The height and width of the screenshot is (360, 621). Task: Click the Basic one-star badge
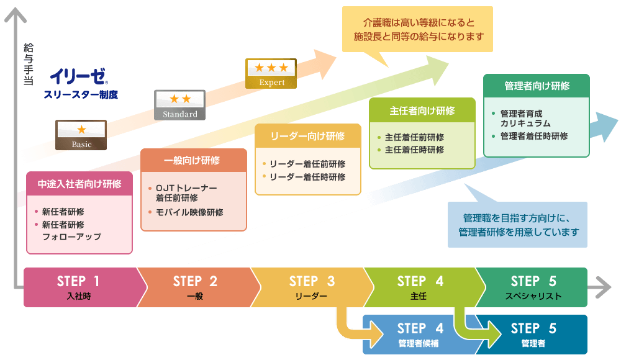click(81, 135)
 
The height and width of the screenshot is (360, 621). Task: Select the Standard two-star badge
click(179, 105)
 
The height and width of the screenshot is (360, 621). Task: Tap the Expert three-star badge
click(271, 73)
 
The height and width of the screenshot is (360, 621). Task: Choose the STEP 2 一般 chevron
click(195, 287)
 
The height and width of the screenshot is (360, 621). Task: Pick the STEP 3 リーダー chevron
click(311, 287)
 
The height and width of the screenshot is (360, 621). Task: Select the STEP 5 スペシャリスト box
click(533, 287)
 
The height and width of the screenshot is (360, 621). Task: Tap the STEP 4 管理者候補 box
click(420, 334)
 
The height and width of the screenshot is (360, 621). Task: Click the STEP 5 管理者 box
click(533, 334)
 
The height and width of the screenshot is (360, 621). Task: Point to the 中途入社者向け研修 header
click(79, 184)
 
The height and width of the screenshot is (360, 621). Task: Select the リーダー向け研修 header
click(307, 136)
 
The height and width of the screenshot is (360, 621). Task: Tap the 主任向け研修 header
click(422, 111)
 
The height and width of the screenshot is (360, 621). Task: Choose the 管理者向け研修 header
click(537, 86)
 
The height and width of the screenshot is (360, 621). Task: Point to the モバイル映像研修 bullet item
click(189, 212)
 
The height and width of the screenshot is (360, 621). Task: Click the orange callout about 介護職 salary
click(417, 29)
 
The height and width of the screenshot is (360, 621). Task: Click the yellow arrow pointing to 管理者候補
click(357, 328)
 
